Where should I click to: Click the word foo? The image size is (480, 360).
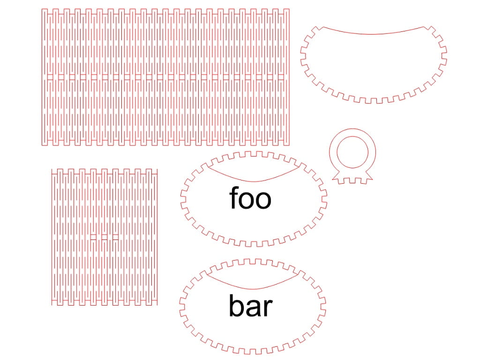(x=250, y=198)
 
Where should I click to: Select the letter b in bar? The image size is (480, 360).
(x=236, y=305)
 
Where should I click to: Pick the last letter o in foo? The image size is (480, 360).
(x=263, y=201)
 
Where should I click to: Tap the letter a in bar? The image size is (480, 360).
(x=254, y=308)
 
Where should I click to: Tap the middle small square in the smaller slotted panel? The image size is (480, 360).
(x=105, y=237)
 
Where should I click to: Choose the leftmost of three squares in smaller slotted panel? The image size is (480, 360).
(x=93, y=237)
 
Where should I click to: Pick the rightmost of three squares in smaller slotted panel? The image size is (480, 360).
(x=115, y=237)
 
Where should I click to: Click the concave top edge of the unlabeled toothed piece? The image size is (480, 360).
(x=374, y=34)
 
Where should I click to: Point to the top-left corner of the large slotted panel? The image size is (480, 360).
(x=42, y=9)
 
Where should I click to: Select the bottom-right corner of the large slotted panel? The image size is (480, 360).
(x=289, y=145)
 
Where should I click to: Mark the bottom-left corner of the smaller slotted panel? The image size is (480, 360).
(x=52, y=305)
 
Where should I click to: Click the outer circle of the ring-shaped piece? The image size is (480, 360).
(x=352, y=128)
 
